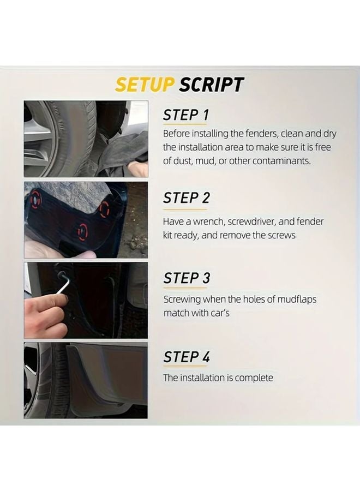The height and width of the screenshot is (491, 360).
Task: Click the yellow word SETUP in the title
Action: [144, 85]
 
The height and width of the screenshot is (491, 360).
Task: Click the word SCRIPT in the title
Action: [212, 85]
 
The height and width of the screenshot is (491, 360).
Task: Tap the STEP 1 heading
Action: [186, 115]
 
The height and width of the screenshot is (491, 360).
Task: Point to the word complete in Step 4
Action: [254, 378]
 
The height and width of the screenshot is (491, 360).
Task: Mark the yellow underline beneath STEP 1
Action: [185, 127]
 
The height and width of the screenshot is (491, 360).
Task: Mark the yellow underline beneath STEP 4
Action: [185, 368]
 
